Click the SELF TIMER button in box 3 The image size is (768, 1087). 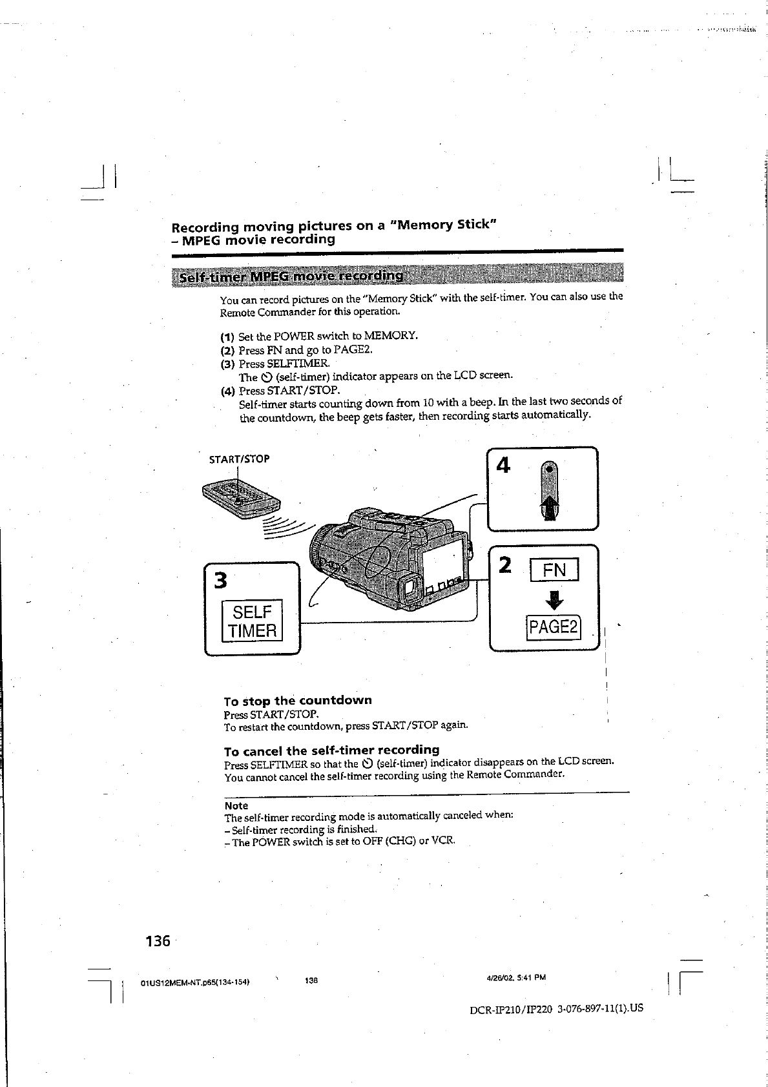252,621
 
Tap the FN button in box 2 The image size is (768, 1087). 554,570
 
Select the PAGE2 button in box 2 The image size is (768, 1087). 554,627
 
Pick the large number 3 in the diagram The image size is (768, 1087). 220,581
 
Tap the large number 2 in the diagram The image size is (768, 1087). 506,566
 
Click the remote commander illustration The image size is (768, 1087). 242,499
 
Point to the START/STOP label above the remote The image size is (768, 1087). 239,459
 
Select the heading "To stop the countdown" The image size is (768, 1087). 298,700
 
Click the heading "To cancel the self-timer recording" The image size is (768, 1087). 331,751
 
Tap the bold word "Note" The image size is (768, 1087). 236,805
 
